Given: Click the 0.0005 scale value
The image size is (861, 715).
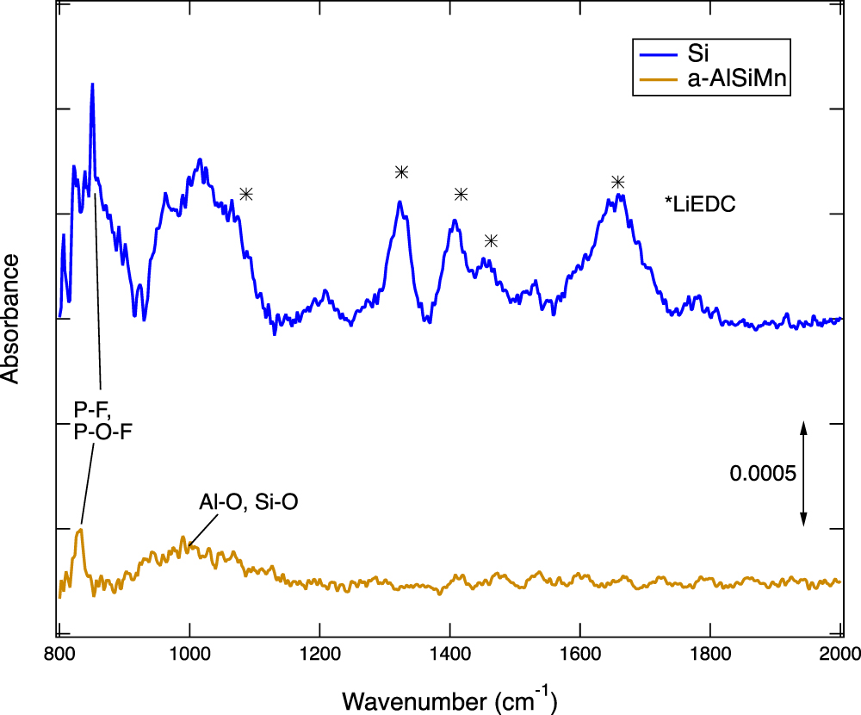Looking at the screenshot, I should (762, 474).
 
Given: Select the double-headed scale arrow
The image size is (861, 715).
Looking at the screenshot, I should (803, 474).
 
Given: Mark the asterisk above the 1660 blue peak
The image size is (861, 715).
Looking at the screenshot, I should (617, 182).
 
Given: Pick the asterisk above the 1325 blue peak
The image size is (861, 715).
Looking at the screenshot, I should (401, 172).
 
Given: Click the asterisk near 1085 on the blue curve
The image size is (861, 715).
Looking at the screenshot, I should (246, 194).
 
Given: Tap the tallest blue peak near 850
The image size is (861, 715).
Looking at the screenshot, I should (92, 85).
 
